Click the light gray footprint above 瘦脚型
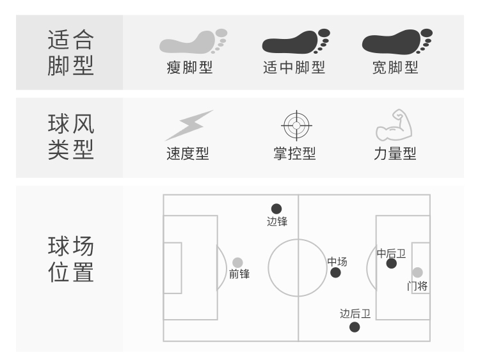[x=193, y=42]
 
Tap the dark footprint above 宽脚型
[x=396, y=42]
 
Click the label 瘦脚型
[x=190, y=68]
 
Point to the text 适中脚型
[x=294, y=68]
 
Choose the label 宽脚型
[x=396, y=68]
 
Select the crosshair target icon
[x=295, y=125]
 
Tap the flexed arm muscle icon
[x=394, y=125]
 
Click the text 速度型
[x=188, y=154]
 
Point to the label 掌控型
[x=294, y=154]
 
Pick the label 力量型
[x=395, y=154]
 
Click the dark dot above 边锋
[x=276, y=208]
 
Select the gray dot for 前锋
[x=237, y=262]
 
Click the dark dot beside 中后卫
[x=392, y=263]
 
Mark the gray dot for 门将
[x=417, y=272]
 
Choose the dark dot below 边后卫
[x=355, y=327]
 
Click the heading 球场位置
[x=70, y=259]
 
